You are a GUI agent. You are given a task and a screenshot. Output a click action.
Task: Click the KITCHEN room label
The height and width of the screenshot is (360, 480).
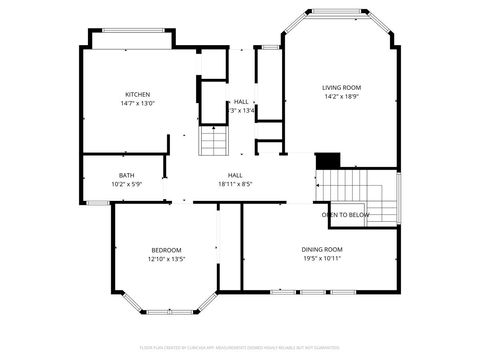coord(137,93)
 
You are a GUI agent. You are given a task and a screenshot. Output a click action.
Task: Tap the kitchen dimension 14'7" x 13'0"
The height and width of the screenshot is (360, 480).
coord(137,102)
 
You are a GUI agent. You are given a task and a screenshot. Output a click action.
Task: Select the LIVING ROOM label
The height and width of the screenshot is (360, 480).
coord(341,88)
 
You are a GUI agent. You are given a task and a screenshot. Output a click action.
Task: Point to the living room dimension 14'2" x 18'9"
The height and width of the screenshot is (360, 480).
coord(341,97)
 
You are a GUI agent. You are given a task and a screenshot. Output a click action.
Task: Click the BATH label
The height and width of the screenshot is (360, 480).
coord(126,175)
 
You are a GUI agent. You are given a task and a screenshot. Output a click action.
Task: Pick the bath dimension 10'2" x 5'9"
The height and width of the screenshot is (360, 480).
coord(126,184)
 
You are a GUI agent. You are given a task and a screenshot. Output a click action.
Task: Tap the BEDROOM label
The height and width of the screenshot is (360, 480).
coord(166,249)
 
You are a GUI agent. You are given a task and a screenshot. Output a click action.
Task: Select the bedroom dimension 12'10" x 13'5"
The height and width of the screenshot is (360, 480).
coord(166,258)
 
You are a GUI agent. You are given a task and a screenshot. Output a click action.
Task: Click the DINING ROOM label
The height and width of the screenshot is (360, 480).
coord(322,248)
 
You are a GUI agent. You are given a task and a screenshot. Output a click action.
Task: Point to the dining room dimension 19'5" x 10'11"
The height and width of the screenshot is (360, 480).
coord(322,257)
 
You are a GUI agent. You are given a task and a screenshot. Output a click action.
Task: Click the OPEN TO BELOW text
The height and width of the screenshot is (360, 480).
coord(345,215)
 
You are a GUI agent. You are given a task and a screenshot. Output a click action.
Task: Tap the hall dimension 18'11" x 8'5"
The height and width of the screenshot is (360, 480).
coord(235,184)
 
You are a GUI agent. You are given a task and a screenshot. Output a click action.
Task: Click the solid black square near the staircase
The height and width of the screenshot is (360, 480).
coord(328,161)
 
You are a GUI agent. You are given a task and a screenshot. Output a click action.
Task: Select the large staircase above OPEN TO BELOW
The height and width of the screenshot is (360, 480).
coord(354,186)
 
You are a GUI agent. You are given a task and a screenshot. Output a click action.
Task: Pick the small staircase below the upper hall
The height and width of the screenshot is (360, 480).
coord(214,142)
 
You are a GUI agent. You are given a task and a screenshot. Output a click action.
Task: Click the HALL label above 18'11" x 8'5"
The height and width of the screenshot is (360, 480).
coord(235,175)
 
